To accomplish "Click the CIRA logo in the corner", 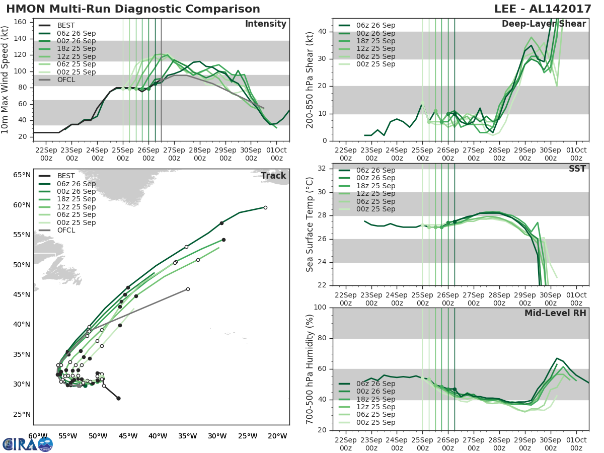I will [28, 444].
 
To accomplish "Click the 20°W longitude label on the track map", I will [279, 436].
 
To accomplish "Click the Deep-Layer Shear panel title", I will [544, 24].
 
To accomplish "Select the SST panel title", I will [577, 169].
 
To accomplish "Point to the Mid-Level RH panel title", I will [555, 313].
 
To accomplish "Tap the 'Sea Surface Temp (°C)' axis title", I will [310, 224].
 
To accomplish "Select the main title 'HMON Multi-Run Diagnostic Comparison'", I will [133, 9].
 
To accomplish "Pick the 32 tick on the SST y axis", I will [325, 169].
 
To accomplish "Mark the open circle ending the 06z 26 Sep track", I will [265, 207].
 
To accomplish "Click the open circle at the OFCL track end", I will [188, 289].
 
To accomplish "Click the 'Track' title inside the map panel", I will [273, 176].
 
